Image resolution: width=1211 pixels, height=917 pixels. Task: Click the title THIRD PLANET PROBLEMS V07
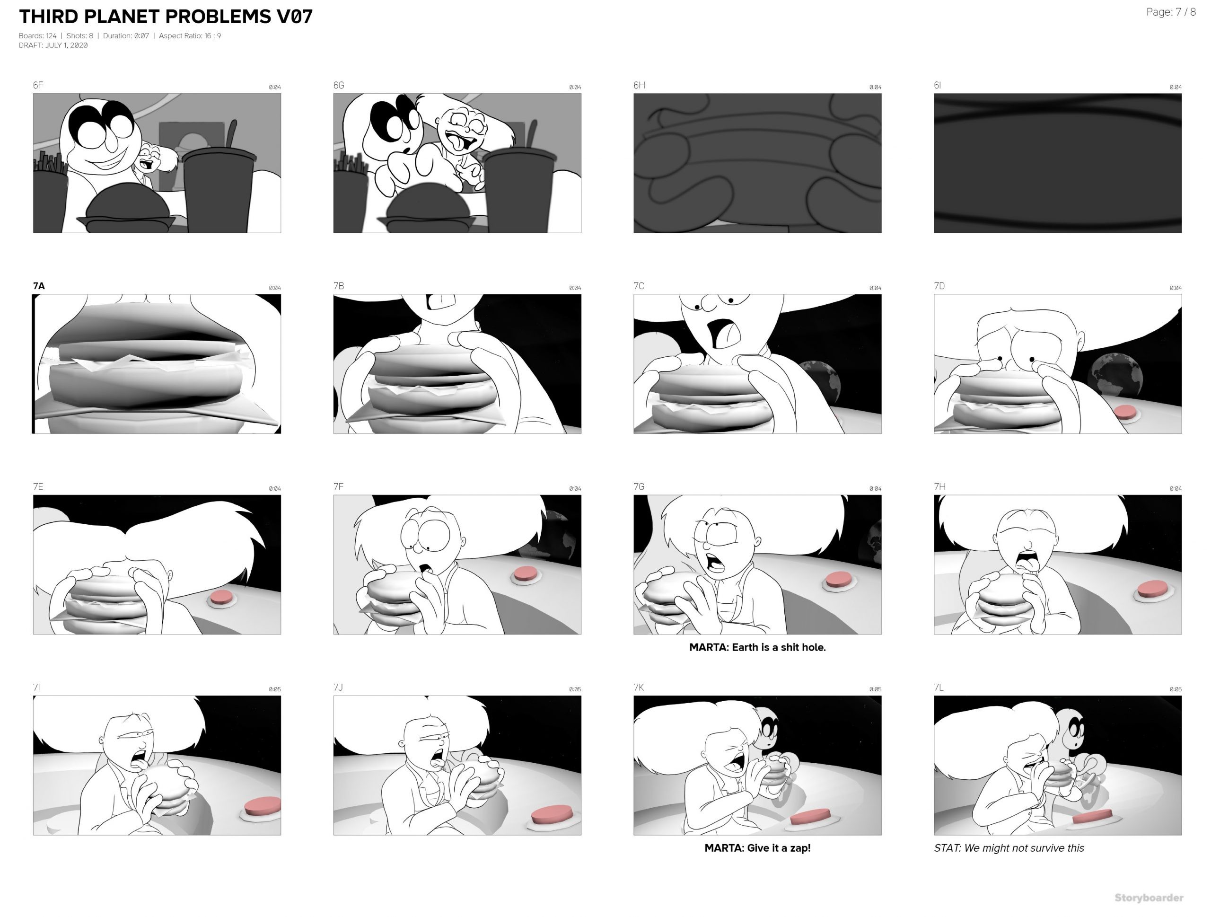point(166,17)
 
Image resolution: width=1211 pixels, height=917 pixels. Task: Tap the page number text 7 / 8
point(1186,12)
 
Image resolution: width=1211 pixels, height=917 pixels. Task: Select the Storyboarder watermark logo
point(1149,898)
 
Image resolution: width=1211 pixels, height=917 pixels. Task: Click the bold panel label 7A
point(39,286)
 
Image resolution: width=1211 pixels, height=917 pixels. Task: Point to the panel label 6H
point(639,85)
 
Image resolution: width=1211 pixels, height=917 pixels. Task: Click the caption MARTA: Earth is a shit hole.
point(757,647)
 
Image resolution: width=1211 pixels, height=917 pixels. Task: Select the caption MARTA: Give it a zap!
point(757,848)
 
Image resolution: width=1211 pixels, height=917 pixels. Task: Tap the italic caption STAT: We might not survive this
point(1009,848)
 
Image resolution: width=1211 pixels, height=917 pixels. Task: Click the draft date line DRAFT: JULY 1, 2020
point(53,45)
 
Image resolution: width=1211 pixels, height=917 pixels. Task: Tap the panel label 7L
point(939,688)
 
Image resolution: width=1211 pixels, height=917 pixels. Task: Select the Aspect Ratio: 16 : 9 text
point(190,36)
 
